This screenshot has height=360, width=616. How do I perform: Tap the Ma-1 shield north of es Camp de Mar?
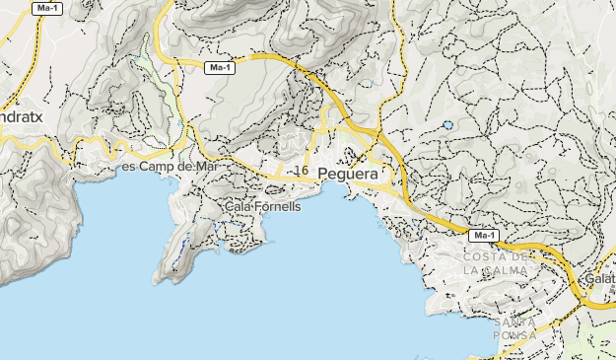pyautogui.click(x=219, y=68)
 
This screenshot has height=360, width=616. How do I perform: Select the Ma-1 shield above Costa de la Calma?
pyautogui.click(x=483, y=237)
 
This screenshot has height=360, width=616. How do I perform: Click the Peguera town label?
pyautogui.click(x=349, y=172)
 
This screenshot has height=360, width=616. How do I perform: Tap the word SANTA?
pyautogui.click(x=517, y=322)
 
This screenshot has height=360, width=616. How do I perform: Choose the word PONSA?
pyautogui.click(x=517, y=335)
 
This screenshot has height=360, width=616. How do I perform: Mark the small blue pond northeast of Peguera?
pyautogui.click(x=448, y=125)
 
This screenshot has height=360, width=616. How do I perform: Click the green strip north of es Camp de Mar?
pyautogui.click(x=148, y=69)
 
